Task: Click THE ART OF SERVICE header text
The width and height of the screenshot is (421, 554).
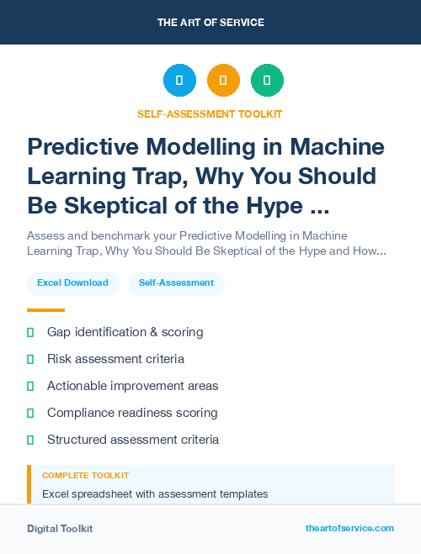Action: point(210,23)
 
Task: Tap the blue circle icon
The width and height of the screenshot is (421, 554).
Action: point(179,81)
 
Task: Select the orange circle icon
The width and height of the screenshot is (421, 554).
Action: point(223,81)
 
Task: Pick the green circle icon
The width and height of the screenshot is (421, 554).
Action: point(267,81)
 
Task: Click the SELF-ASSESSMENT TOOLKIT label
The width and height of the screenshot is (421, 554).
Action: point(210,113)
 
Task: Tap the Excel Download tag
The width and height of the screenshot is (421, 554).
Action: point(72,283)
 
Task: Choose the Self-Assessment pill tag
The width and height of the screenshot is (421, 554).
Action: point(176,283)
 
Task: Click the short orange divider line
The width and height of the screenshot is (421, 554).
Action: point(45,310)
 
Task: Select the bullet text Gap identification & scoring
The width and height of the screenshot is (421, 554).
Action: point(125,332)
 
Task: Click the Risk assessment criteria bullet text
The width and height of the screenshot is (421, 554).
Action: point(115,359)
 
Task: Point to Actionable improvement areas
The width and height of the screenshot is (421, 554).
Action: point(132,386)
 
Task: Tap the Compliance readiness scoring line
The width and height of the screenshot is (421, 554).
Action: point(132,413)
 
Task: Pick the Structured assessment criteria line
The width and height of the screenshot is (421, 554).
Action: point(133,440)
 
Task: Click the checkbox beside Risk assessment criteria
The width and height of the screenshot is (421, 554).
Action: point(30,359)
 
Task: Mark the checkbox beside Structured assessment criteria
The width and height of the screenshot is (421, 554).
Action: point(30,440)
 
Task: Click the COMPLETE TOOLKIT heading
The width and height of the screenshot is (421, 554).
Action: point(85,476)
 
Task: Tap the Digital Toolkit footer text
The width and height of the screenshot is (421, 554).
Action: point(60,529)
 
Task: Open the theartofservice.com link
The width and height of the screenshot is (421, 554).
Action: point(349,528)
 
